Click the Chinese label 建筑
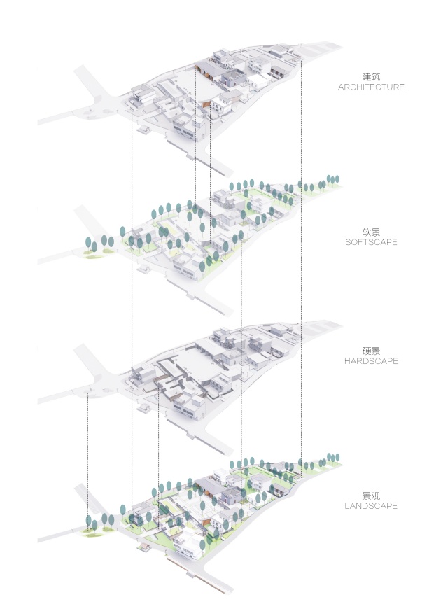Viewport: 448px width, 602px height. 371,76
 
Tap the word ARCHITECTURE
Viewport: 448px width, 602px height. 371,87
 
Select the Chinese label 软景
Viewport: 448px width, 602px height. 371,232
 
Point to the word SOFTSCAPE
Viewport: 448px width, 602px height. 371,242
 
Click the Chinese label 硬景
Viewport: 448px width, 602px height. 371,350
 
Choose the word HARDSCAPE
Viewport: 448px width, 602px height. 371,361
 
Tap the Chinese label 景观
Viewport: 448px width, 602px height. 371,495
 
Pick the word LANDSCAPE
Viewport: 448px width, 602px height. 371,506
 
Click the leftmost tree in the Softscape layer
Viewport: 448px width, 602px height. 89,244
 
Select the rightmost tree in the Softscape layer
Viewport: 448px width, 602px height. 337,180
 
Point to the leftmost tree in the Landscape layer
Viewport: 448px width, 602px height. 89,521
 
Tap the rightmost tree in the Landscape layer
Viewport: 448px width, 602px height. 337,457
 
